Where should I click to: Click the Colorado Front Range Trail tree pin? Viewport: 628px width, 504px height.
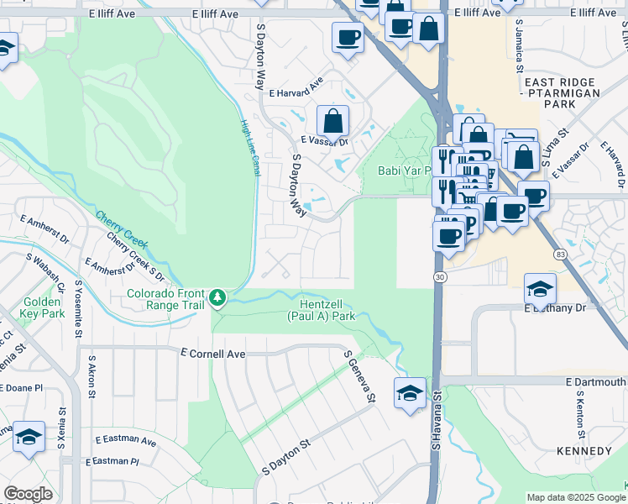217,297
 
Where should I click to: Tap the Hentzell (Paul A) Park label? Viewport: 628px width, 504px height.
322,308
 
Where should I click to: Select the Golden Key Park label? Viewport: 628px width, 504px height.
43,307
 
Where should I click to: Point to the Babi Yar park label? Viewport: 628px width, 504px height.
404,171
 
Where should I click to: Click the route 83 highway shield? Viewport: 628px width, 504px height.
559,253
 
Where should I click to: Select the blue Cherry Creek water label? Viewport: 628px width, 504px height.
122,229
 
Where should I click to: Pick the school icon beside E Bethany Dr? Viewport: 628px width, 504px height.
541,289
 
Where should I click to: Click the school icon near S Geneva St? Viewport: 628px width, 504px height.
409,392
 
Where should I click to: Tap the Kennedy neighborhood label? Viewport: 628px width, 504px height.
584,451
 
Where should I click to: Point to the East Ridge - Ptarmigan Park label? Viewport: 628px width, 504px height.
562,93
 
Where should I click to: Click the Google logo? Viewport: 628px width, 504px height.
29,494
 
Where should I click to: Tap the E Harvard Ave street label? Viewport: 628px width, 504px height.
292,88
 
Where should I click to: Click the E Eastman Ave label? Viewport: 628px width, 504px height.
126,440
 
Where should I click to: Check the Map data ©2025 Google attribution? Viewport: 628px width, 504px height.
575,497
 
